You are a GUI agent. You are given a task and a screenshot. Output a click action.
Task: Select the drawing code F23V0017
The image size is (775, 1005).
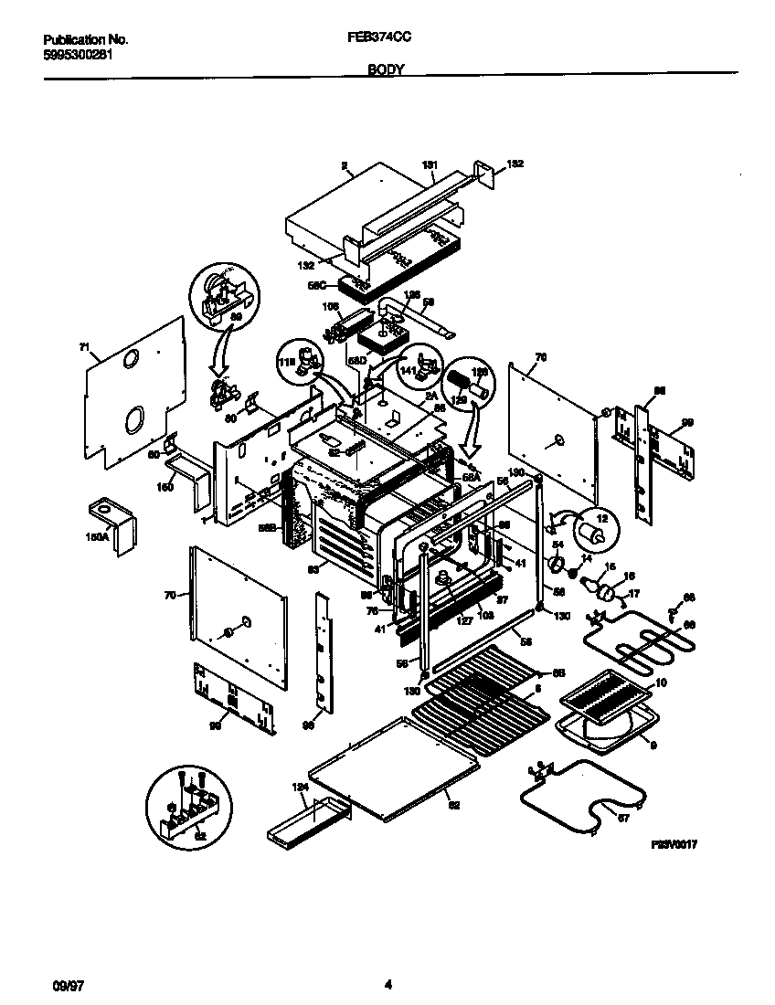(x=675, y=847)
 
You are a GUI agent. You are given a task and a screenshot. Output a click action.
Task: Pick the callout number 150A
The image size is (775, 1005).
(x=97, y=538)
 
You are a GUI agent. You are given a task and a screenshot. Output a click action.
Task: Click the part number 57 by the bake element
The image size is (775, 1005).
(x=623, y=818)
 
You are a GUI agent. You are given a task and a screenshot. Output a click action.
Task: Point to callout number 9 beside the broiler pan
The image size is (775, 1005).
(x=653, y=745)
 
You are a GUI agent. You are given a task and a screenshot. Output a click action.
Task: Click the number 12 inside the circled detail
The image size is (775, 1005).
(x=600, y=517)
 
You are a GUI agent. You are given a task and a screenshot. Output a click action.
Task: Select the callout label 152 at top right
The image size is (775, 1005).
(x=515, y=164)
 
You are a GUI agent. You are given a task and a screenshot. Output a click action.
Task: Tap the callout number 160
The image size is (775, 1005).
(x=165, y=487)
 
